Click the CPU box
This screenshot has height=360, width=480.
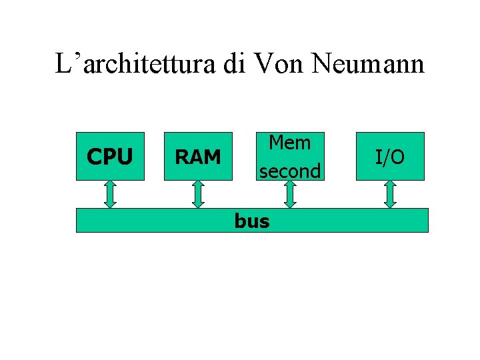pyautogui.click(x=110, y=157)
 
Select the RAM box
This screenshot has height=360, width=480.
pyautogui.click(x=197, y=157)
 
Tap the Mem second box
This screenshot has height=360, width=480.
pyautogui.click(x=289, y=157)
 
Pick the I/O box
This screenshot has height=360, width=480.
pyautogui.click(x=390, y=157)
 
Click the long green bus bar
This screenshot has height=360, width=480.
pyautogui.click(x=347, y=220)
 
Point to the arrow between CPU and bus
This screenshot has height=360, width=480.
pyautogui.click(x=111, y=194)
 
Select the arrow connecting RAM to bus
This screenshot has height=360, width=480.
pyautogui.click(x=197, y=194)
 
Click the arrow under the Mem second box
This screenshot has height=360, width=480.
pyautogui.click(x=289, y=194)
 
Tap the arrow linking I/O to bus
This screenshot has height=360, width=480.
pyautogui.click(x=390, y=194)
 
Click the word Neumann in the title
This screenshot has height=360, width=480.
pyautogui.click(x=367, y=64)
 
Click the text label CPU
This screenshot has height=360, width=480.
pyautogui.click(x=110, y=157)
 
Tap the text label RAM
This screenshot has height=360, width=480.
pyautogui.click(x=197, y=157)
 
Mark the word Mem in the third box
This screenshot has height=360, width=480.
pyautogui.click(x=289, y=143)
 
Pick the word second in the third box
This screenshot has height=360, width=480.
pyautogui.click(x=290, y=171)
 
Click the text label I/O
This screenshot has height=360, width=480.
pyautogui.click(x=390, y=157)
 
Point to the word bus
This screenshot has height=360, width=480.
pyautogui.click(x=252, y=221)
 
